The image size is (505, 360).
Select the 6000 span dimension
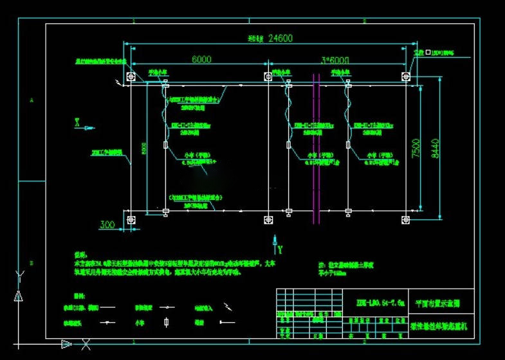point(201,59)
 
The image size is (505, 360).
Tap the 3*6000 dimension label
point(335,59)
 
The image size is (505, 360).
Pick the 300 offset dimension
point(107,224)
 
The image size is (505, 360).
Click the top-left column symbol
point(131,77)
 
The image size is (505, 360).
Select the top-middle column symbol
point(268,77)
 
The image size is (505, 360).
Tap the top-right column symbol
point(405,77)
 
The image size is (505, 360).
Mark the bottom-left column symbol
point(131,220)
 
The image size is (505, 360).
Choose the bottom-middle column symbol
point(268,220)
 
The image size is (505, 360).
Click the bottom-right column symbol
point(405,220)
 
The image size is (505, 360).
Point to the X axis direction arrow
point(82,127)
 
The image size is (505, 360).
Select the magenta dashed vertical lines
point(315,148)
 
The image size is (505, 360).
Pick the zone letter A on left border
point(31,100)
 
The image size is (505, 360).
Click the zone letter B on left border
point(31,263)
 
